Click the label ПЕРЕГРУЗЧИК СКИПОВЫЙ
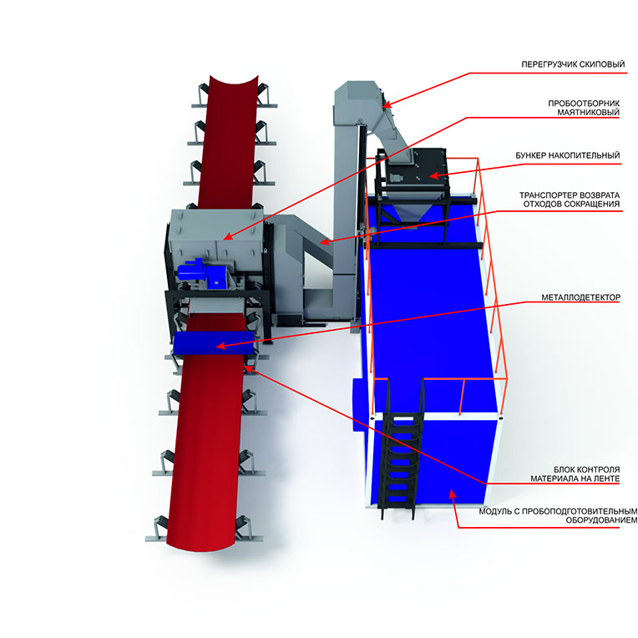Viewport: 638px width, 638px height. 573,64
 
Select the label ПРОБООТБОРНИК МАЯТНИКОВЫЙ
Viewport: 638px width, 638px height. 584,108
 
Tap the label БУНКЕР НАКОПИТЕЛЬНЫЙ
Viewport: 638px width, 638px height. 568,155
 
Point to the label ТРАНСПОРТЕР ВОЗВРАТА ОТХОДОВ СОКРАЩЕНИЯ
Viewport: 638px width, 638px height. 570,200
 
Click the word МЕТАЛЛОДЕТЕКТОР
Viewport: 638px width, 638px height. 581,297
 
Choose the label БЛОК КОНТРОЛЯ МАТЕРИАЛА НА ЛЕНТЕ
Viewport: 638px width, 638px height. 575,474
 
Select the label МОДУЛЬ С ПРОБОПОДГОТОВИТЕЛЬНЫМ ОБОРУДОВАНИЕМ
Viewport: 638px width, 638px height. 558,515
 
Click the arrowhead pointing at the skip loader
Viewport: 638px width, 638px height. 387,104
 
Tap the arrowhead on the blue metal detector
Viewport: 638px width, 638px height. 220,347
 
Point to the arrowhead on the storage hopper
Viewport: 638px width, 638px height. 433,175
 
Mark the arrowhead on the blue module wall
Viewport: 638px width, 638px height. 452,494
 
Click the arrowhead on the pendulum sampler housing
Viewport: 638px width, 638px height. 227,236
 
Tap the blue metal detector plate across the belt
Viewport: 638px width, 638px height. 214,342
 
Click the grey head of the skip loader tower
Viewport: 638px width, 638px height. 358,102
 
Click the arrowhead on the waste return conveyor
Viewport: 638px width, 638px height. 324,242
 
